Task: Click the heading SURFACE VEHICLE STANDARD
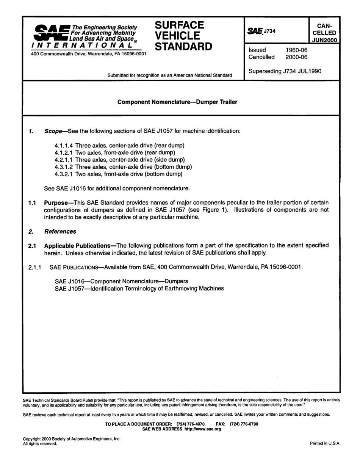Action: click(184, 36)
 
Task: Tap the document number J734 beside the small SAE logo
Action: click(269, 31)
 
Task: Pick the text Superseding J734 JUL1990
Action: click(285, 71)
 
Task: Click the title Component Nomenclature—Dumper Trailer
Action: click(177, 102)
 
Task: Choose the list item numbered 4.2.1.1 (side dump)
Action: click(120, 160)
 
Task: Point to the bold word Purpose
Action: click(57, 203)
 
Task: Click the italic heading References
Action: click(60, 231)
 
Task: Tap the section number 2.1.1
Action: click(36, 267)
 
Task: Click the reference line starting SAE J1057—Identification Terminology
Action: click(139, 289)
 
